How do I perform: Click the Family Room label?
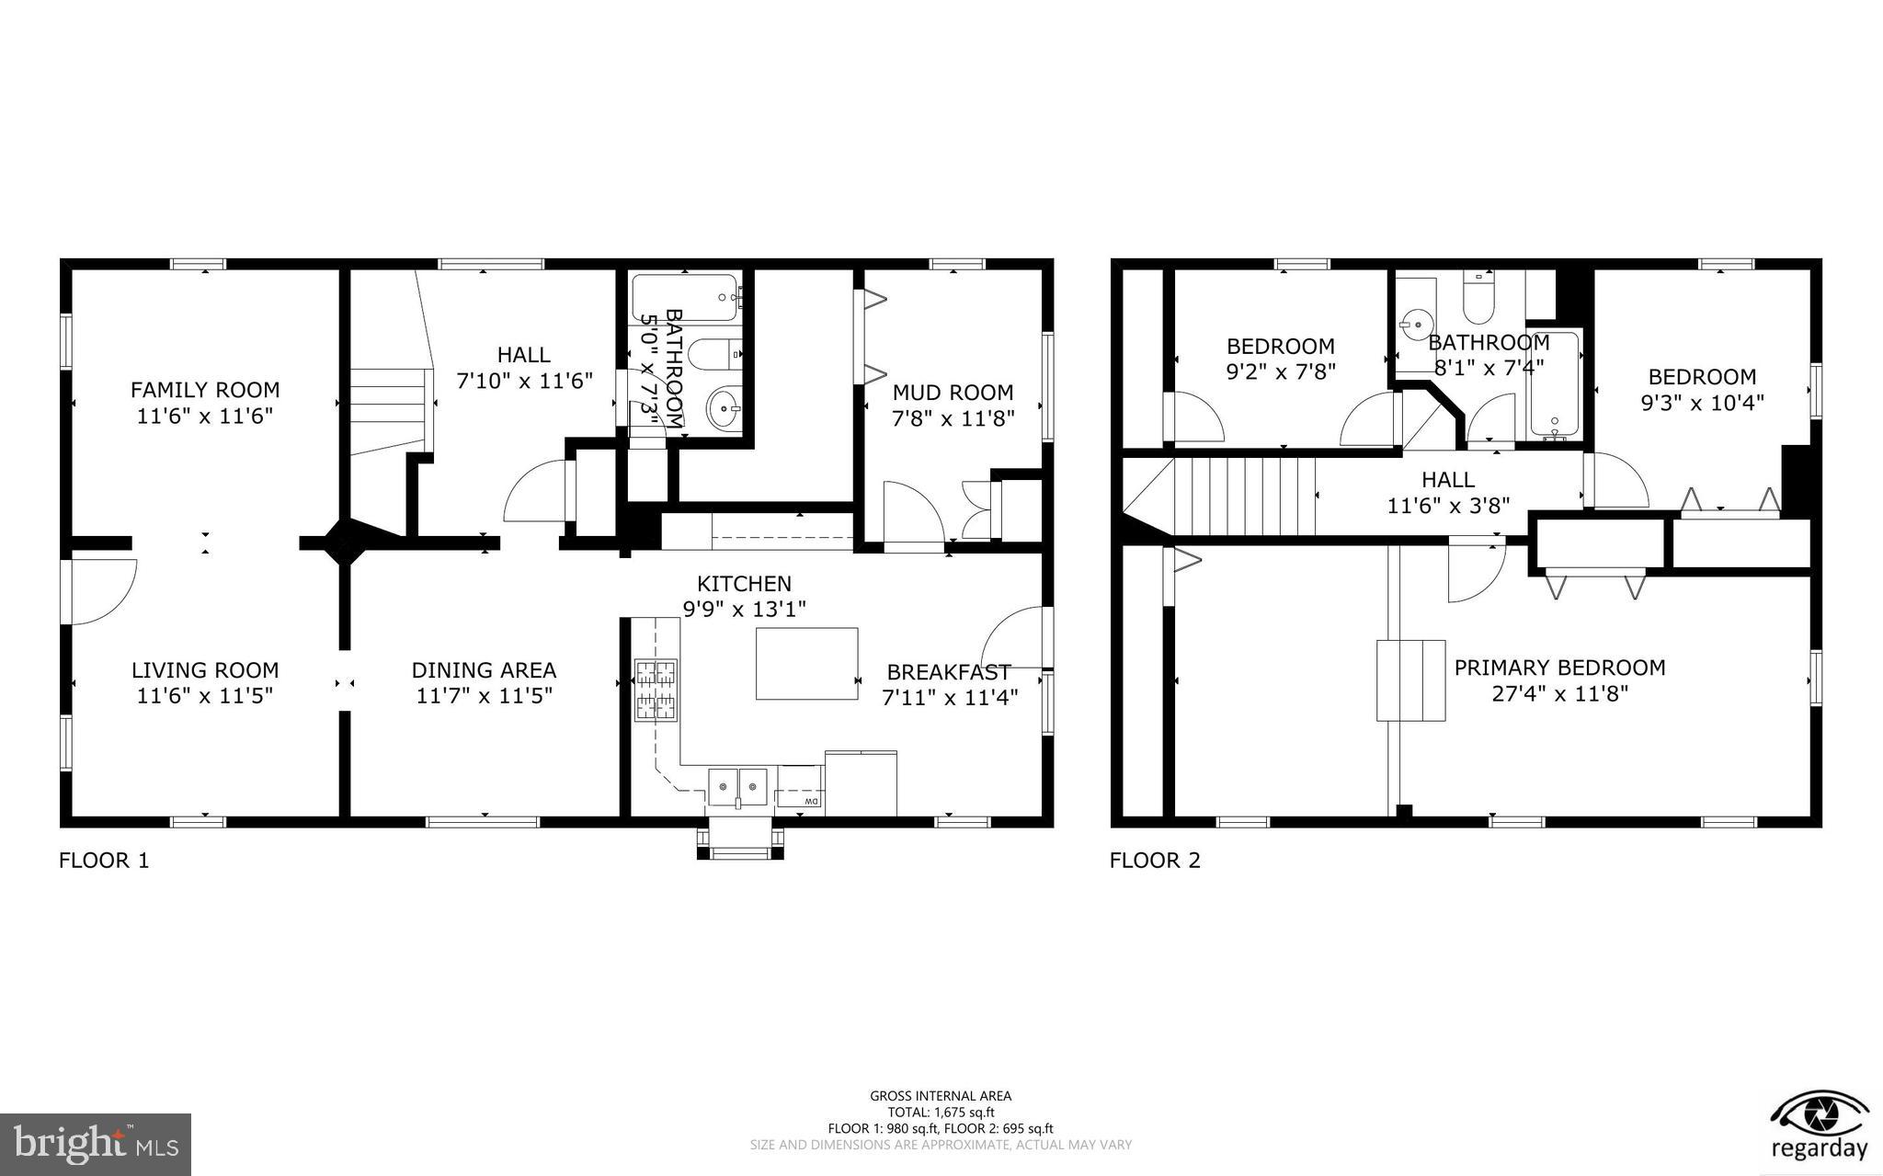204,390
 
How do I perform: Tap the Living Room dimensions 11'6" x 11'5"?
204,696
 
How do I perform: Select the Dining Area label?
484,670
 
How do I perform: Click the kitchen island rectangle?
806,664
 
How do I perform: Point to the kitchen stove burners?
655,690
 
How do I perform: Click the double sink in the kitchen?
737,787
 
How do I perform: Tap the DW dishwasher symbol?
800,803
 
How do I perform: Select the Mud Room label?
953,393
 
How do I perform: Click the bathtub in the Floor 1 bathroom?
685,297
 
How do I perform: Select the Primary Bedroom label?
1559,668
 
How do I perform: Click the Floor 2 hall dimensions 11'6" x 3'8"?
1448,505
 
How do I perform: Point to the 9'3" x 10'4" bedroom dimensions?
1702,403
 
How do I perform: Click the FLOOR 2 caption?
1155,861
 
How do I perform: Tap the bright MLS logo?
96,1144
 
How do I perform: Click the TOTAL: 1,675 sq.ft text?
941,1113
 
